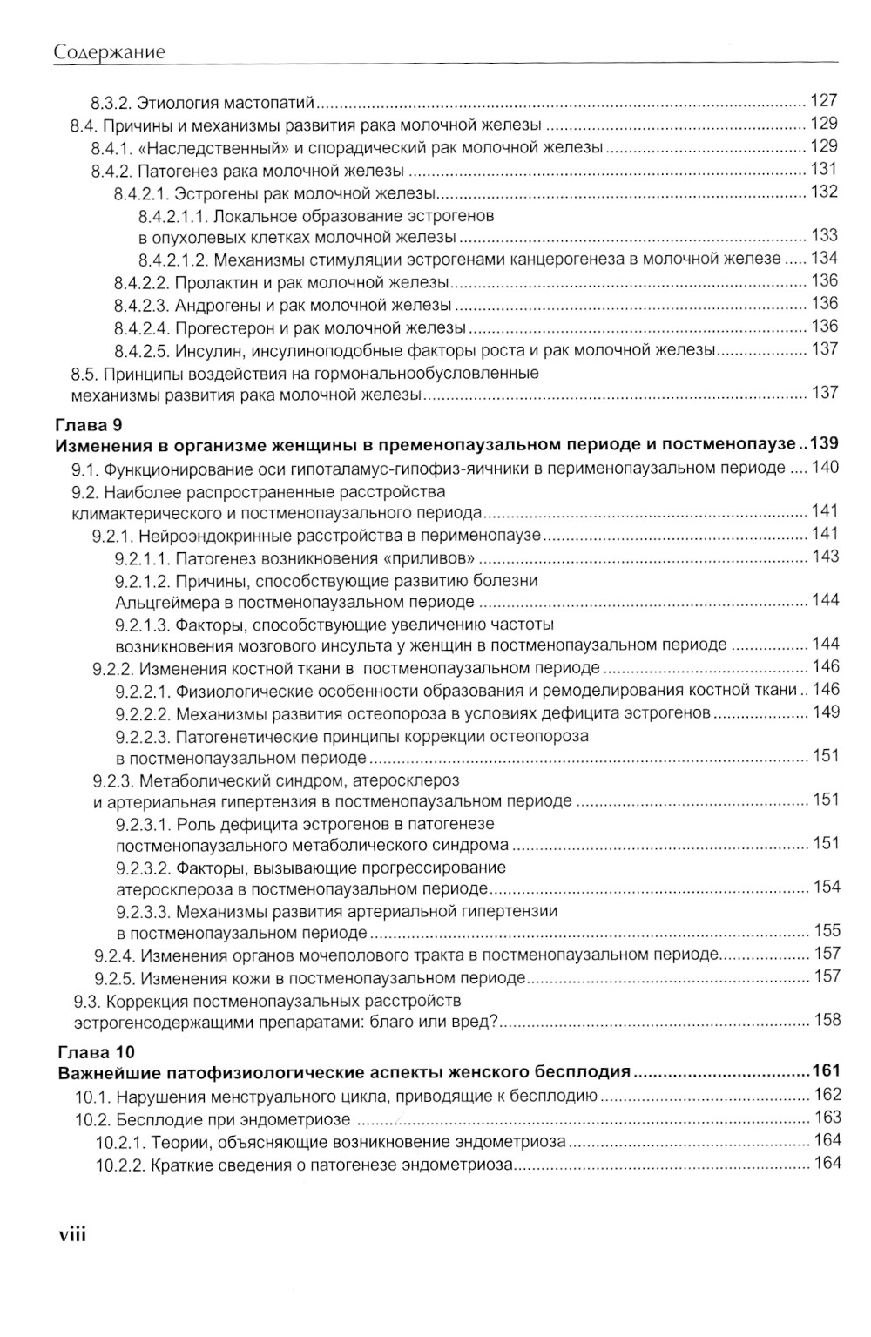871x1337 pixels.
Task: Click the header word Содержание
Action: [110, 52]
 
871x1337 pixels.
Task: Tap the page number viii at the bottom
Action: [71, 1234]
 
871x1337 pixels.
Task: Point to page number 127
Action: [823, 100]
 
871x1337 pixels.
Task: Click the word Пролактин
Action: [212, 282]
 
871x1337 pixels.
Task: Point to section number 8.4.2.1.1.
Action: [172, 215]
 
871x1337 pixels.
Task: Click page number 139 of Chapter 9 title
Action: [824, 444]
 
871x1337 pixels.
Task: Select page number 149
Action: [825, 712]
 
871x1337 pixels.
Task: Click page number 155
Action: [825, 931]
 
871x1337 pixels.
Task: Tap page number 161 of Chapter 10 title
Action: [825, 1071]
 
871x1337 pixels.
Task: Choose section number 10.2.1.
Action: [120, 1141]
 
